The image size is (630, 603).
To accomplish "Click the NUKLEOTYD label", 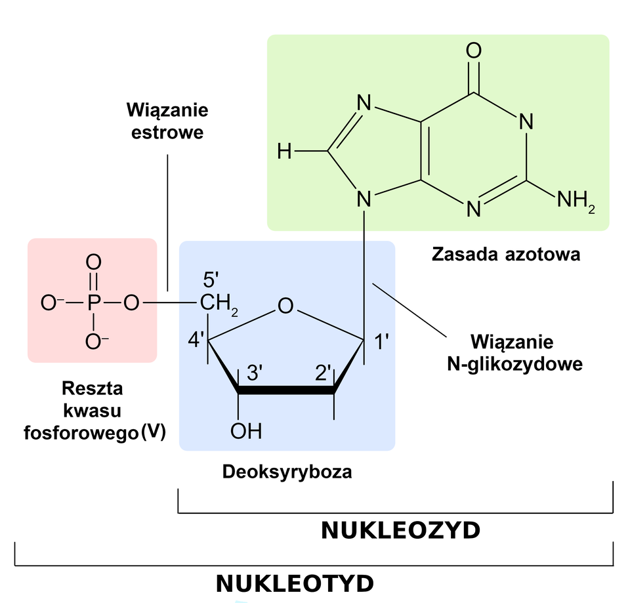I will [295, 583].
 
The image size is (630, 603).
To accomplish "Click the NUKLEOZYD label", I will [400, 530].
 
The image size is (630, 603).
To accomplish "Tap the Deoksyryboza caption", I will [287, 472].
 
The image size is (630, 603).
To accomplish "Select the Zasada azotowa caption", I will [505, 255].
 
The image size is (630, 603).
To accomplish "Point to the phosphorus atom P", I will [93, 303].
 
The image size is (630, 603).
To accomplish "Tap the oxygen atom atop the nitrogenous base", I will [473, 51].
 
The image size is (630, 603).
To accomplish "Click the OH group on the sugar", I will [246, 430].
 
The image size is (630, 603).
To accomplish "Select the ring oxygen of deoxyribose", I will [285, 306].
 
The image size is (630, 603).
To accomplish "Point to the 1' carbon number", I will [382, 342].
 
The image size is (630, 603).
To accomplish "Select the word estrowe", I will [167, 132].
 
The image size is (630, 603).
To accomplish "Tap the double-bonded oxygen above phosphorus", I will [94, 262].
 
